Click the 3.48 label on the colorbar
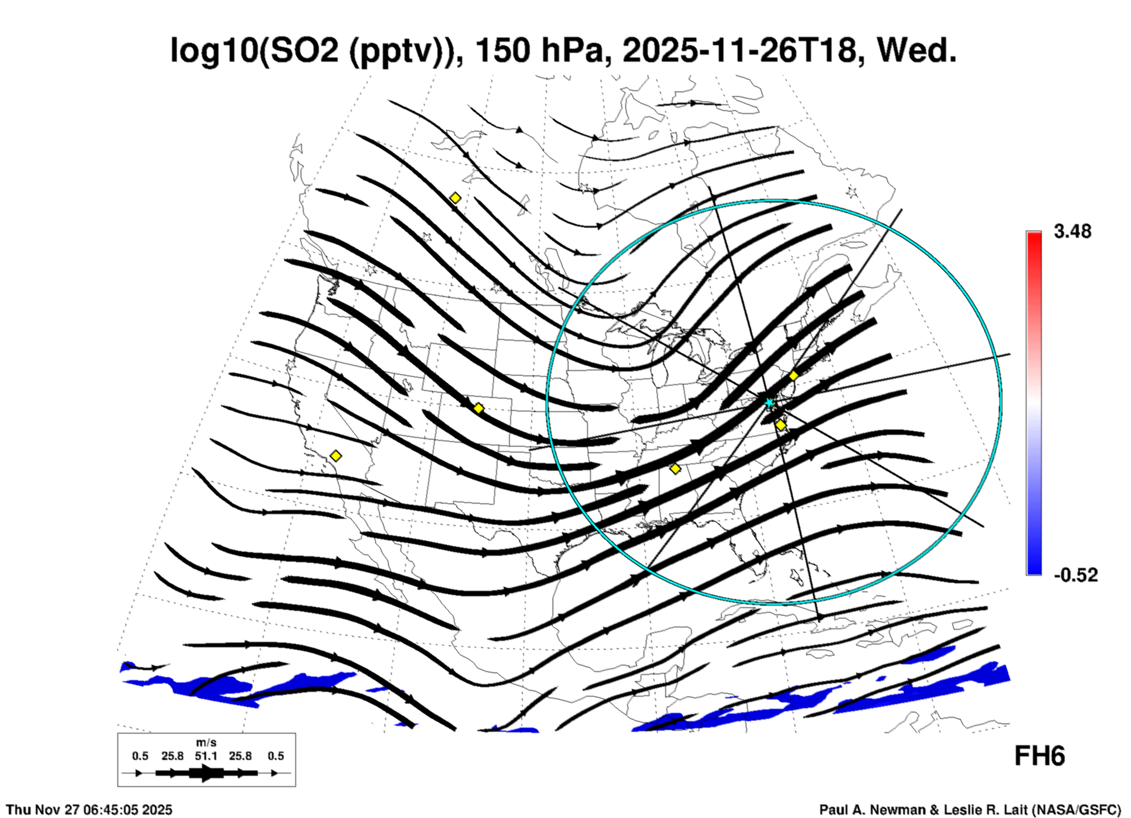(1072, 232)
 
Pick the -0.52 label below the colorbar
(1075, 575)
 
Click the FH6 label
(1039, 756)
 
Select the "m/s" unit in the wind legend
(206, 743)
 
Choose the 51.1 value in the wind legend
(206, 756)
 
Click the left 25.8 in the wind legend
(172, 756)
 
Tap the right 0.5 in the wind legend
(275, 756)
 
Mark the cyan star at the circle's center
(769, 403)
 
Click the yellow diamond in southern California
(335, 456)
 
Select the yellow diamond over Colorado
(479, 408)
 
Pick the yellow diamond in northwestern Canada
(455, 198)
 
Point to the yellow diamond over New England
(793, 376)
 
